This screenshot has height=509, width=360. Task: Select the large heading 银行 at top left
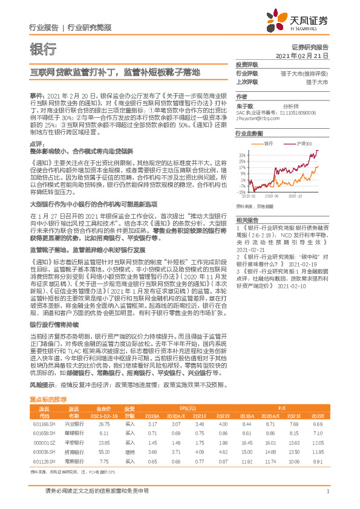click(42, 48)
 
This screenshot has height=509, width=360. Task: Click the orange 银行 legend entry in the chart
click(272, 144)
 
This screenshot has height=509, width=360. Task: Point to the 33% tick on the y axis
click(242, 155)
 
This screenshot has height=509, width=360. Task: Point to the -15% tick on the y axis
click(241, 192)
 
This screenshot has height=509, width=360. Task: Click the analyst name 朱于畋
click(244, 105)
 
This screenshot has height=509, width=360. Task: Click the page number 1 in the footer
click(327, 498)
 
